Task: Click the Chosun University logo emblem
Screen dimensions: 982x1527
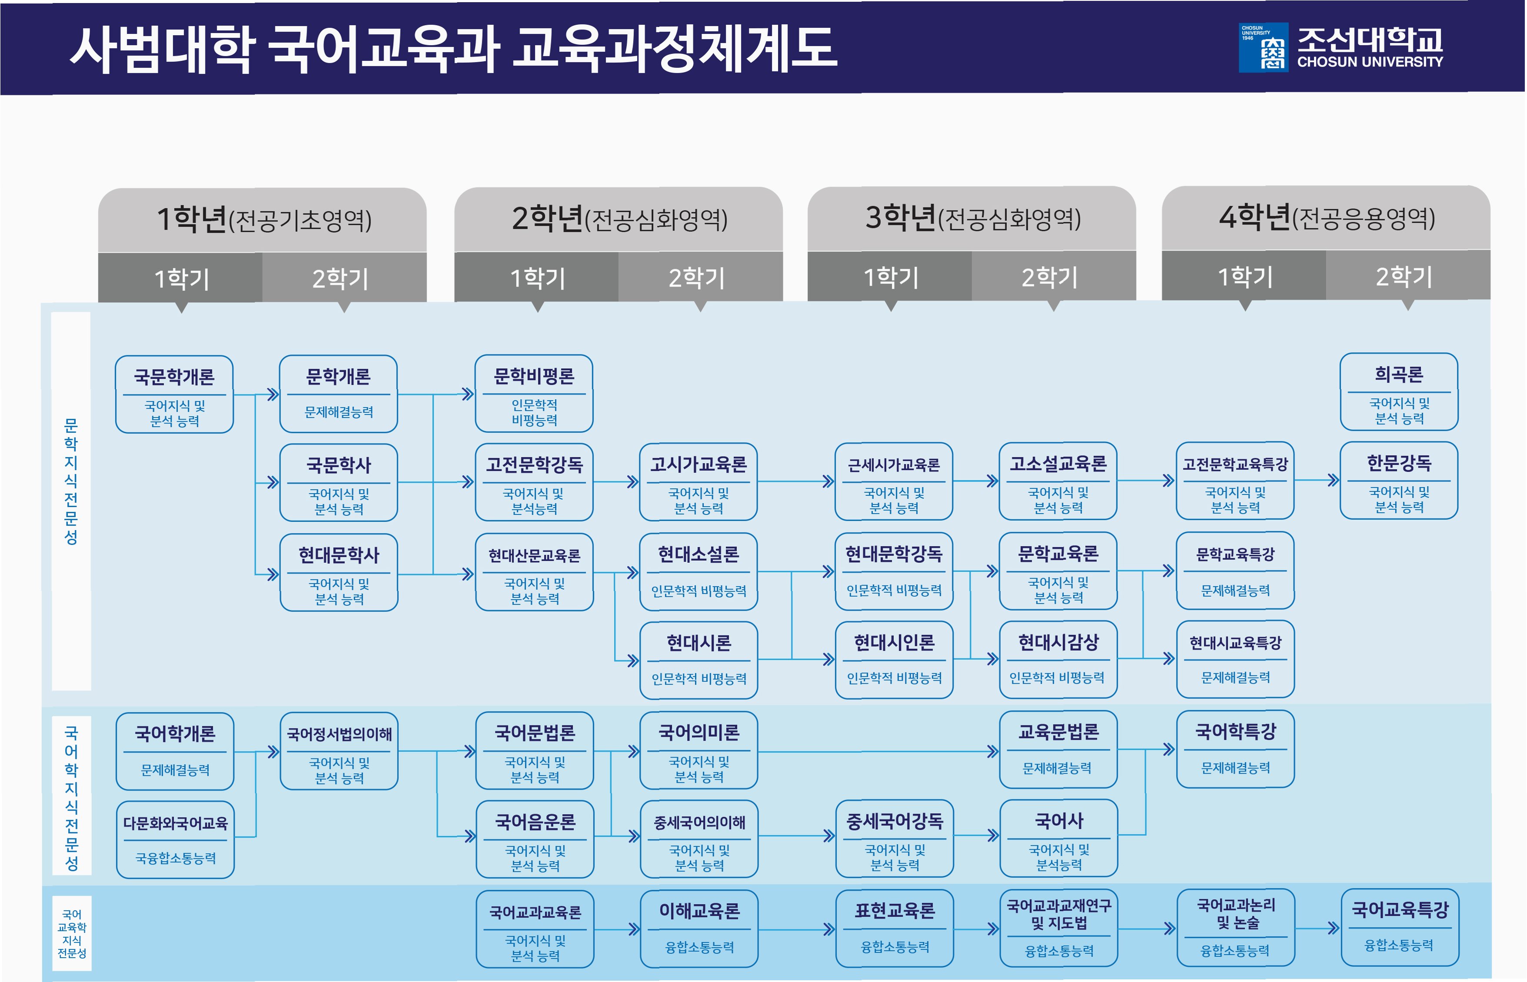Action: pos(1263,47)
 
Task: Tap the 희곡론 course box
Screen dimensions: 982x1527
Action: pos(1398,391)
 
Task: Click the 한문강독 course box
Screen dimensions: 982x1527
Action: pos(1398,480)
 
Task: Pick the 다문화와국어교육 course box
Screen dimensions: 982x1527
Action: pos(175,839)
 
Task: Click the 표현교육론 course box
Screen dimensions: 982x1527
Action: pos(895,927)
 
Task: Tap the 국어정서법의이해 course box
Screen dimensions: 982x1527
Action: pos(339,751)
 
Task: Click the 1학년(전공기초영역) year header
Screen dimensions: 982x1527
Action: pos(262,219)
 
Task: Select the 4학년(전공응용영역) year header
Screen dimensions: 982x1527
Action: pos(1326,218)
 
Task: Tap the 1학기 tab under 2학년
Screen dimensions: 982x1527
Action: pos(536,277)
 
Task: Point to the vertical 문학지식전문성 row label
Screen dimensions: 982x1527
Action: pos(71,481)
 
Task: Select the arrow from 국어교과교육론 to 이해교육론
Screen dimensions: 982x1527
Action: pos(617,929)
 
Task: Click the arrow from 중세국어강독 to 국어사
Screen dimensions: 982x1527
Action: pos(976,835)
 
